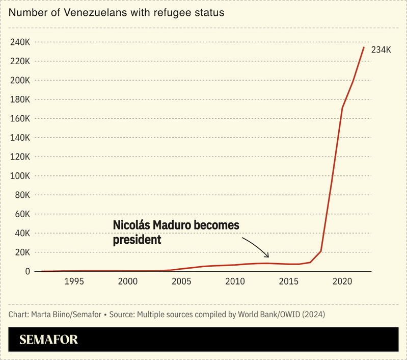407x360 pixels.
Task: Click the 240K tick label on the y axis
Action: [21, 42]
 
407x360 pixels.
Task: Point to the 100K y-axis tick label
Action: [21, 176]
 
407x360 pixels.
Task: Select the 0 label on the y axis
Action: [28, 271]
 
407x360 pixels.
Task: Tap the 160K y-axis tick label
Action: [21, 118]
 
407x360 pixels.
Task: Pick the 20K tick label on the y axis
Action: [23, 252]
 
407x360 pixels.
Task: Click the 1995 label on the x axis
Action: [74, 281]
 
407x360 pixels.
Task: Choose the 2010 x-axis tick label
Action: [235, 281]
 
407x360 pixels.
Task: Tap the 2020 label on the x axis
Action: [342, 281]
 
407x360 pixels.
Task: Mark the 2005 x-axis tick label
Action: [181, 281]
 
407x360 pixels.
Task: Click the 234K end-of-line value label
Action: [381, 50]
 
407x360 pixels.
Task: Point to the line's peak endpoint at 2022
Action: [364, 47]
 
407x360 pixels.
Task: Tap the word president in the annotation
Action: [137, 239]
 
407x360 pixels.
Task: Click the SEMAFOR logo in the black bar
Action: [48, 340]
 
